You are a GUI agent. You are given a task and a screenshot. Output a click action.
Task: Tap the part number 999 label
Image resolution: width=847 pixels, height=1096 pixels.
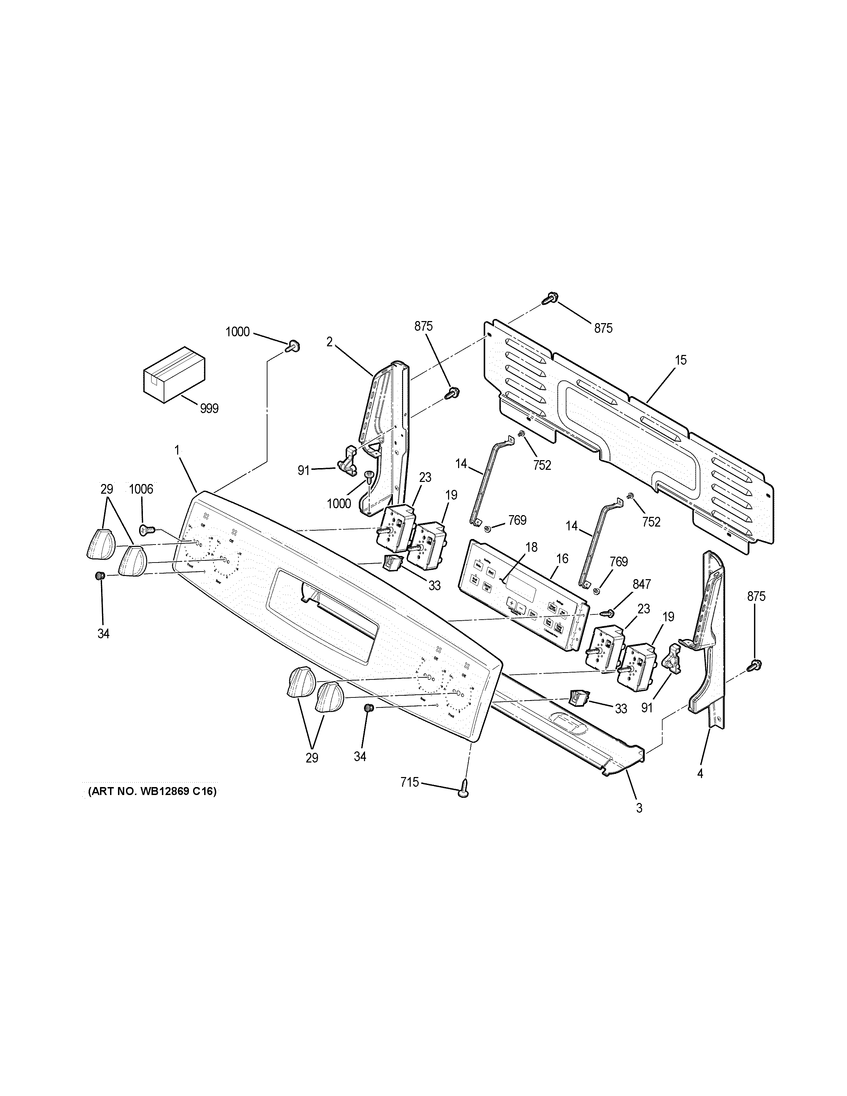(x=209, y=409)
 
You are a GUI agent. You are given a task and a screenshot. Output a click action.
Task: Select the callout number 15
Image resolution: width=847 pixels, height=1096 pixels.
(x=681, y=360)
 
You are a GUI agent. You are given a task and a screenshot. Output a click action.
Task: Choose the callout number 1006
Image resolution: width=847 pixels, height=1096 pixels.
(x=141, y=489)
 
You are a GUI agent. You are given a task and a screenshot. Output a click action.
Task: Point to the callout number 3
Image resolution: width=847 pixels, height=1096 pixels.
(x=639, y=809)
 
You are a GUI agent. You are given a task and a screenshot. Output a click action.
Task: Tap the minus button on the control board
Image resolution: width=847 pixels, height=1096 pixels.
(x=522, y=608)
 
